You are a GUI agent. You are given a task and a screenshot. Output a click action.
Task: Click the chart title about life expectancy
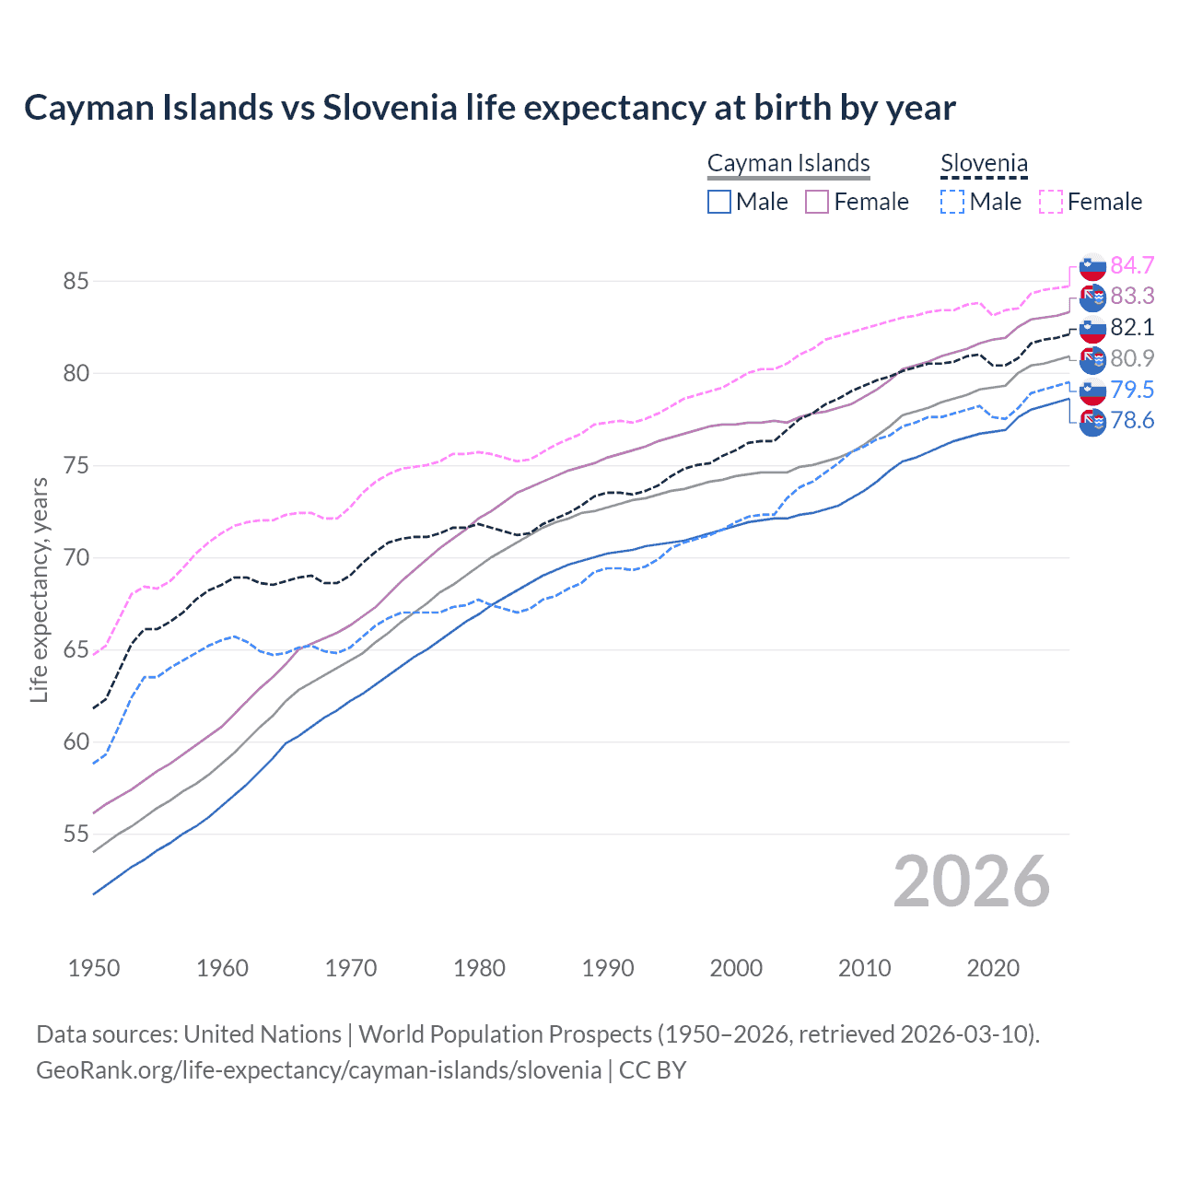coord(489,108)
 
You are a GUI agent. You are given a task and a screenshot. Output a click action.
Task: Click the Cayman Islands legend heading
coord(788,164)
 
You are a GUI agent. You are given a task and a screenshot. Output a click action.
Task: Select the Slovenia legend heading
coord(984,164)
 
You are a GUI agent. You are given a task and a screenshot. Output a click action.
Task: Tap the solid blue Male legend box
coord(719,202)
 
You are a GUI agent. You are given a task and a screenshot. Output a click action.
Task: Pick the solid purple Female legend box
coord(817,202)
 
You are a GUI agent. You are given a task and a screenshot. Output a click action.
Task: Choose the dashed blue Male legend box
coord(952,202)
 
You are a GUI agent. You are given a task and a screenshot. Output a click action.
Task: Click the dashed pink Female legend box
coord(1050,202)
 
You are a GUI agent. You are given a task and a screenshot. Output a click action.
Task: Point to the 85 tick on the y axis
coord(76,281)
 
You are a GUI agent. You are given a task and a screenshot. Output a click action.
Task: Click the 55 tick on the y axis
coord(76,835)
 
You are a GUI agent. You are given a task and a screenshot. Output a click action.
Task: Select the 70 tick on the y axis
coord(76,558)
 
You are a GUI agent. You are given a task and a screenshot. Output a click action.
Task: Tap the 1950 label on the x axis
coord(94,968)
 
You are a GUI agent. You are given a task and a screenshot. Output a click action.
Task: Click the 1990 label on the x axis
coord(608,968)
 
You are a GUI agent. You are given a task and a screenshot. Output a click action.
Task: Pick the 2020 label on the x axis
coord(993,968)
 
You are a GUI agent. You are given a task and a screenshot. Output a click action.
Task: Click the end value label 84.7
coord(1132,265)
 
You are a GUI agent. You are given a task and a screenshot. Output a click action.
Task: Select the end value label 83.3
coord(1132,296)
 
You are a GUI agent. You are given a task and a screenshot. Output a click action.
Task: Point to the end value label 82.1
coord(1132,327)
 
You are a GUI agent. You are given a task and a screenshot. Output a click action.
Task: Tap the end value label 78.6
coord(1132,421)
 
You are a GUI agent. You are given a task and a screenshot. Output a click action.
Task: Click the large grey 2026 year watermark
coord(972,881)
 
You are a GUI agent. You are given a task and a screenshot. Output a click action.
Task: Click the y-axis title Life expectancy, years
coord(39,589)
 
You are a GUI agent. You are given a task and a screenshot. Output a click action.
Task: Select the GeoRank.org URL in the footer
coord(318,1070)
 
